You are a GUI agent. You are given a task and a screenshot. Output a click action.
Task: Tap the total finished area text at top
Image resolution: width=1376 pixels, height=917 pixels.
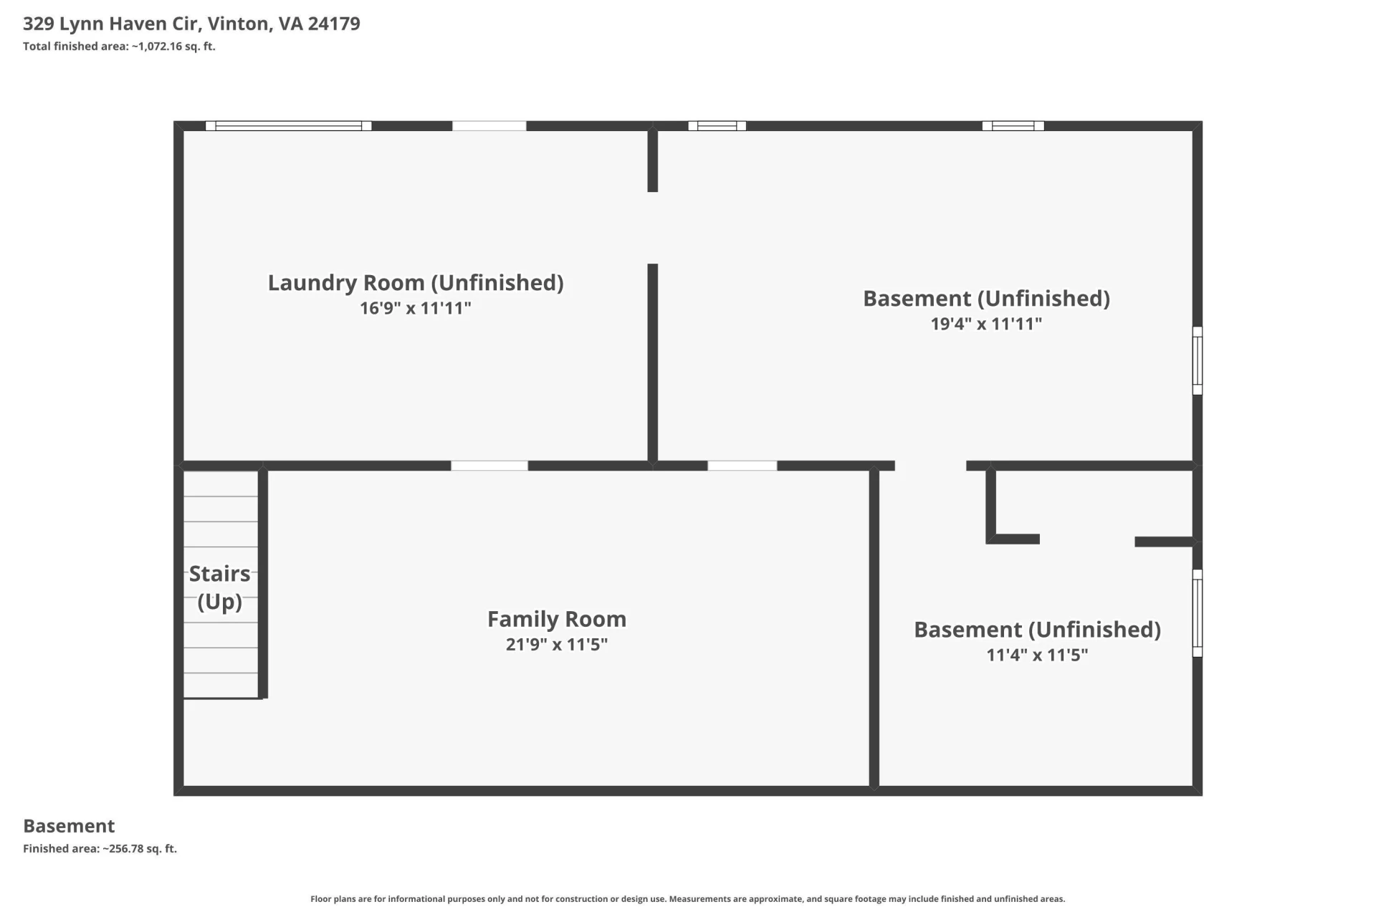(119, 47)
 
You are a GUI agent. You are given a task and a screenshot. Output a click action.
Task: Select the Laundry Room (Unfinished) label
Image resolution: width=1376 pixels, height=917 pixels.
(416, 283)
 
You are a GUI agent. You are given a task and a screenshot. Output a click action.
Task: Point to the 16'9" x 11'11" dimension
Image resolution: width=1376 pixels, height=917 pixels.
(416, 308)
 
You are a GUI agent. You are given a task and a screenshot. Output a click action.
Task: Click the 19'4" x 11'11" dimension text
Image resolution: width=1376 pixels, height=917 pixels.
(986, 324)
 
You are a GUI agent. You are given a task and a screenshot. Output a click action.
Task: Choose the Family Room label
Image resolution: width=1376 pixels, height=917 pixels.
(557, 618)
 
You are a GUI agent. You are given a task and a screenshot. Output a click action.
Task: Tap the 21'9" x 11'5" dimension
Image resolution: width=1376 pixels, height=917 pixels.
(557, 644)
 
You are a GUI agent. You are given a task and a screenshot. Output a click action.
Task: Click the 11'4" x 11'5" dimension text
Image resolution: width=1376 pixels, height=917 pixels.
(1037, 655)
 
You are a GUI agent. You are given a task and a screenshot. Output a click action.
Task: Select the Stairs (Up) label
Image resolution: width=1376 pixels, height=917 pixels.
(220, 587)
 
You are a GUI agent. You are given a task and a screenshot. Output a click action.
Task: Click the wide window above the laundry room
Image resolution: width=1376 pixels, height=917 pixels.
(288, 126)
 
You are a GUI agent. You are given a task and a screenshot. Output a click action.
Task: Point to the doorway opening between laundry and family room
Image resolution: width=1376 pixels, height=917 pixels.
(489, 466)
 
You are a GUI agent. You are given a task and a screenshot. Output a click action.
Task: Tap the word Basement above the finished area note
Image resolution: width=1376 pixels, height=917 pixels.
(69, 826)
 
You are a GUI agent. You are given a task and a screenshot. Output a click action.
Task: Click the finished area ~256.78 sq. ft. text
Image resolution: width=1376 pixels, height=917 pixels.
(100, 849)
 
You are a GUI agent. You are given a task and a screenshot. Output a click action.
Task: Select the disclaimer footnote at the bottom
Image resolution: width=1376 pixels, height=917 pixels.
(688, 899)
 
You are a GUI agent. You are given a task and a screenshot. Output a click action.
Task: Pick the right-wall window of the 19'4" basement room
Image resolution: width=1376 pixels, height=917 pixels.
(1198, 360)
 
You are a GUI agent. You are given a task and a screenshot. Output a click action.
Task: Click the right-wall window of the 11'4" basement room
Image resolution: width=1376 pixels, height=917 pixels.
(1198, 613)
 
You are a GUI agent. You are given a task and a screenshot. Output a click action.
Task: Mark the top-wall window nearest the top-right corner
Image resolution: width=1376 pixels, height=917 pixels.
(1013, 126)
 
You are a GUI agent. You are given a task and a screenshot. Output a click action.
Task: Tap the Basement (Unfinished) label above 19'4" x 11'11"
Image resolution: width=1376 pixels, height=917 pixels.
(986, 298)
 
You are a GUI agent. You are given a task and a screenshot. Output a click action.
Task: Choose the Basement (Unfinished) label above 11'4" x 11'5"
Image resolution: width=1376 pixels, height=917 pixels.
(1037, 630)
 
